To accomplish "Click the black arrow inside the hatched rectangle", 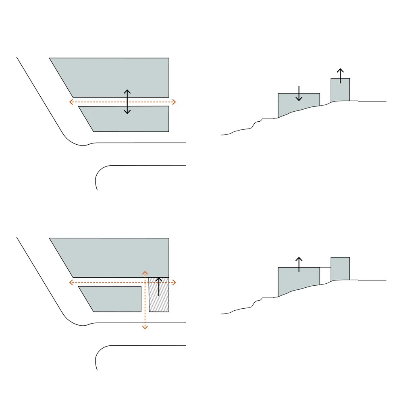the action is pyautogui.click(x=159, y=287).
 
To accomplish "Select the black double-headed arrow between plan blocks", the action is pyautogui.click(x=127, y=102).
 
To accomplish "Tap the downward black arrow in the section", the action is pyautogui.click(x=299, y=93).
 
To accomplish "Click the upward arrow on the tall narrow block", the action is pyautogui.click(x=341, y=76).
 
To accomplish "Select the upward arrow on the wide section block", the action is pyautogui.click(x=299, y=264).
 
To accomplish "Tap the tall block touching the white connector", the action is pyautogui.click(x=340, y=269).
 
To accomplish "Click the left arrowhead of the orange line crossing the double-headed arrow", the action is pyautogui.click(x=71, y=102).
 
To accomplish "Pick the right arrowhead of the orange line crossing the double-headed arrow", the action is pyautogui.click(x=174, y=102).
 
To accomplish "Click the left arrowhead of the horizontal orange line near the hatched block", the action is pyautogui.click(x=71, y=282).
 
